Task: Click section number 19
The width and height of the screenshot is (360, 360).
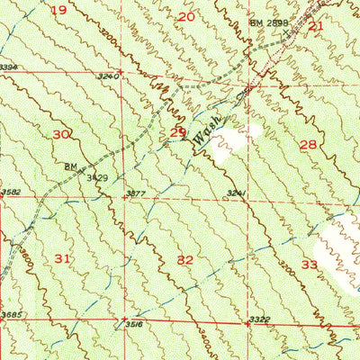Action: pyautogui.click(x=59, y=10)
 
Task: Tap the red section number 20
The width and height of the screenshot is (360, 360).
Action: pyautogui.click(x=186, y=16)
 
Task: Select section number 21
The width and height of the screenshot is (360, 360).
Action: pyautogui.click(x=315, y=26)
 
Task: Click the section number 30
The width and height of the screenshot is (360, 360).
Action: pyautogui.click(x=61, y=134)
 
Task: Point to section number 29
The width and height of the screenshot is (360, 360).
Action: pyautogui.click(x=178, y=133)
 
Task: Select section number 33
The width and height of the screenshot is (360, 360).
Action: pyautogui.click(x=309, y=265)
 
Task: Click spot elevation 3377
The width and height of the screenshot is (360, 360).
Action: pyautogui.click(x=136, y=193)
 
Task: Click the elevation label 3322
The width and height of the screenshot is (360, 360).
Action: pyautogui.click(x=258, y=319)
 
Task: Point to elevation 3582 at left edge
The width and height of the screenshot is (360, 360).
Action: pyautogui.click(x=10, y=191)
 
